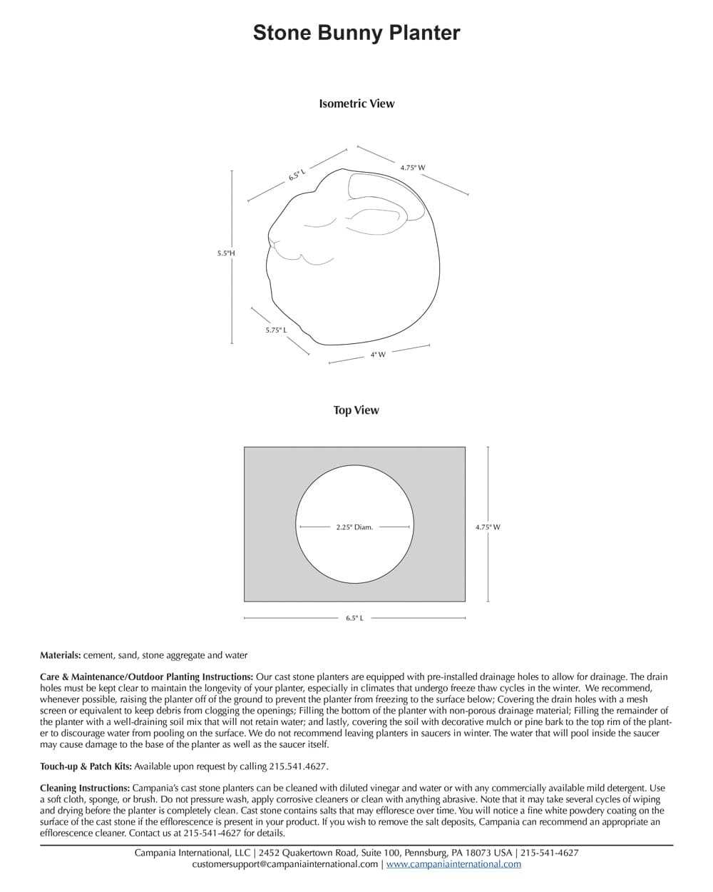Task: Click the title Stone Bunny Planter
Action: [356, 33]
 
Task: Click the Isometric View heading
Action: [356, 103]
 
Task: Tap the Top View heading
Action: [356, 410]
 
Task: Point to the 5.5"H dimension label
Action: [226, 253]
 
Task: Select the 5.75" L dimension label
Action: [276, 330]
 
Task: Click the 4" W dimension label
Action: [378, 355]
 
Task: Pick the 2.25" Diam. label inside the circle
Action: [354, 527]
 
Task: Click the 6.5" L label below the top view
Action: [354, 618]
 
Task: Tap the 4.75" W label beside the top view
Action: [488, 527]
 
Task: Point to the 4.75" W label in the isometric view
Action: [413, 168]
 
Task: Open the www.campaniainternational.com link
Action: [453, 864]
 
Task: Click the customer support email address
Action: [285, 864]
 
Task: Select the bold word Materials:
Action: [61, 655]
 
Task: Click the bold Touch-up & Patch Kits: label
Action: [86, 766]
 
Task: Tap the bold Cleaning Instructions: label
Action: [85, 788]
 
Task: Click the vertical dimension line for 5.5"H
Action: [231, 214]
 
